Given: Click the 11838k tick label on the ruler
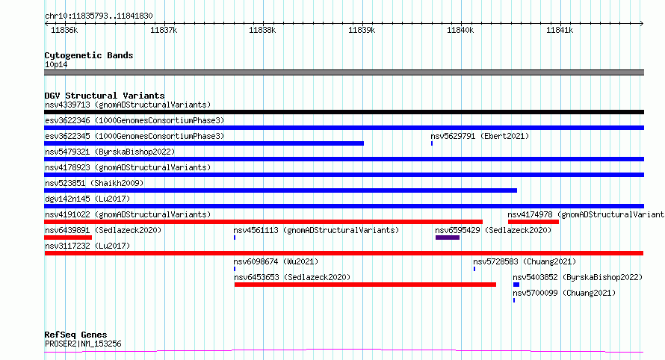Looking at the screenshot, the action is (262, 30).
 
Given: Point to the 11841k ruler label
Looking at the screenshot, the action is (560, 30).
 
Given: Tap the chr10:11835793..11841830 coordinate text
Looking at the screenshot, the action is (99, 16).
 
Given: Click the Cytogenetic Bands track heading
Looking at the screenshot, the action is (89, 55).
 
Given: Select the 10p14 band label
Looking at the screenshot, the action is (56, 64).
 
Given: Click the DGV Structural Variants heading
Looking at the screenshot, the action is (105, 96).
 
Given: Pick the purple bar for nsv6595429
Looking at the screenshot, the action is (448, 238).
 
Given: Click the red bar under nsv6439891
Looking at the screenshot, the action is (68, 238).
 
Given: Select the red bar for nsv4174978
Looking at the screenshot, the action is (533, 222).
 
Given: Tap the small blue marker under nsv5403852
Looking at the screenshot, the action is (516, 285).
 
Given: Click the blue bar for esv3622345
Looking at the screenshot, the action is (204, 143).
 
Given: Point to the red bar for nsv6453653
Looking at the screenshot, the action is (365, 285).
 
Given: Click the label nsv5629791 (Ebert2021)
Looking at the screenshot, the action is (480, 136).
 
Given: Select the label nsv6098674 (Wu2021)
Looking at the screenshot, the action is (276, 261).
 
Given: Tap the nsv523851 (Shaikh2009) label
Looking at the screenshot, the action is (94, 183).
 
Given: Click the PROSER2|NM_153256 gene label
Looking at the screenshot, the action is (83, 344).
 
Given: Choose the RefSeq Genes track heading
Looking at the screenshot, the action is (75, 335).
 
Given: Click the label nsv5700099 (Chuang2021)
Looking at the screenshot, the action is (564, 293).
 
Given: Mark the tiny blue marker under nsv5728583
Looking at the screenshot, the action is (474, 269).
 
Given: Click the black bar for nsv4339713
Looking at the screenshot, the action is (344, 112).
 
